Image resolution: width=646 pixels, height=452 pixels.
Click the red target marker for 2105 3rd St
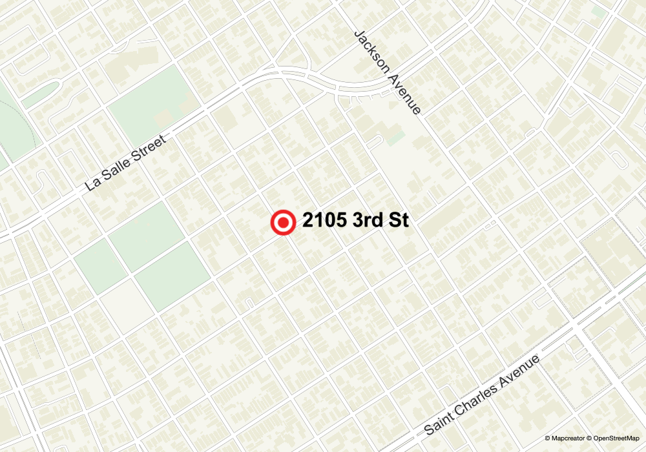(x=282, y=223)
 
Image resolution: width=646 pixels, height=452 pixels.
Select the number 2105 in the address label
(x=324, y=221)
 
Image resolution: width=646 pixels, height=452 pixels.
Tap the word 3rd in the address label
(x=370, y=221)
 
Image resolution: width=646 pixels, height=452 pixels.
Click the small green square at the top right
(x=598, y=11)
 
